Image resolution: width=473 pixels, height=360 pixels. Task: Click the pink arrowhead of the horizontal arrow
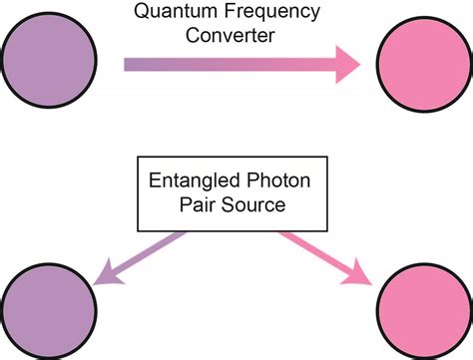[344, 66]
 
